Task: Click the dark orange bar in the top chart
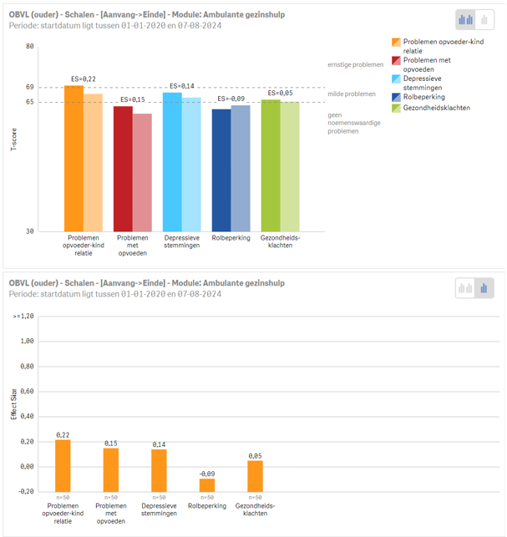(x=74, y=159)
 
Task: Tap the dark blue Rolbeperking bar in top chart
(x=221, y=170)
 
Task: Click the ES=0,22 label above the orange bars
(x=84, y=79)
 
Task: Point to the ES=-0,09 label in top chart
(x=231, y=99)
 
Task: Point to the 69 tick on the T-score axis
(x=29, y=87)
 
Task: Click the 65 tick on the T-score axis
(x=29, y=102)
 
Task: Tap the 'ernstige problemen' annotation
(x=355, y=64)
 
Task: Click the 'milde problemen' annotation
(x=352, y=94)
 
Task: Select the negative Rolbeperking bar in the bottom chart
(x=207, y=484)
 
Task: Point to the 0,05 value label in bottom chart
(x=256, y=456)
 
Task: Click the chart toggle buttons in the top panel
(x=474, y=20)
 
